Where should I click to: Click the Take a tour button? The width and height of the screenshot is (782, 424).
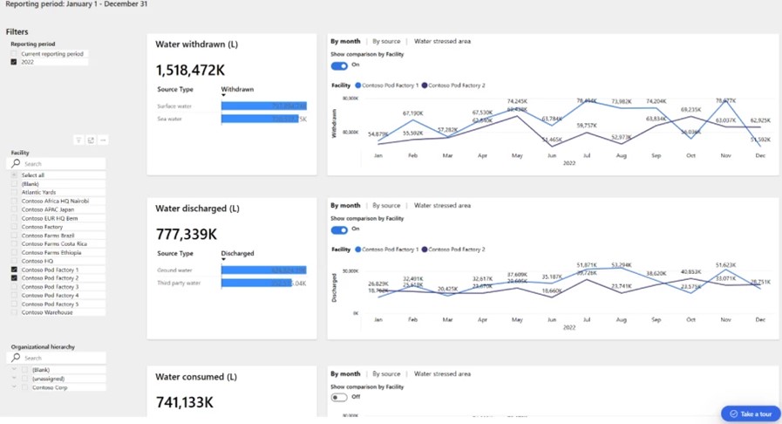750,414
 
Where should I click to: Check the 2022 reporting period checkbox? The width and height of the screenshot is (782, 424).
14,62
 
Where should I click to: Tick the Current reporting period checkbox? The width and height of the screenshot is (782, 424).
14,54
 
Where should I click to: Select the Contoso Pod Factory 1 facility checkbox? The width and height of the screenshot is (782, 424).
14,270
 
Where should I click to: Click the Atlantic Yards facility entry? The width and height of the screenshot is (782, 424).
38,193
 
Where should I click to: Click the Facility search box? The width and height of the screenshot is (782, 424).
61,164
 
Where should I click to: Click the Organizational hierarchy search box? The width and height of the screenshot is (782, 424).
61,358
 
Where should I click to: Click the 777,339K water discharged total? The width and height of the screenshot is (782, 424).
186,234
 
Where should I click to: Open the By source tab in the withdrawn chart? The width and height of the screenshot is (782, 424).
386,41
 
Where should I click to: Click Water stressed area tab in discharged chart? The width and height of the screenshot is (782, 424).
442,206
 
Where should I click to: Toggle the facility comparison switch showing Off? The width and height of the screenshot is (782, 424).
339,397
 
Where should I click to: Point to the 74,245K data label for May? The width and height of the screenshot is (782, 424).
517,101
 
